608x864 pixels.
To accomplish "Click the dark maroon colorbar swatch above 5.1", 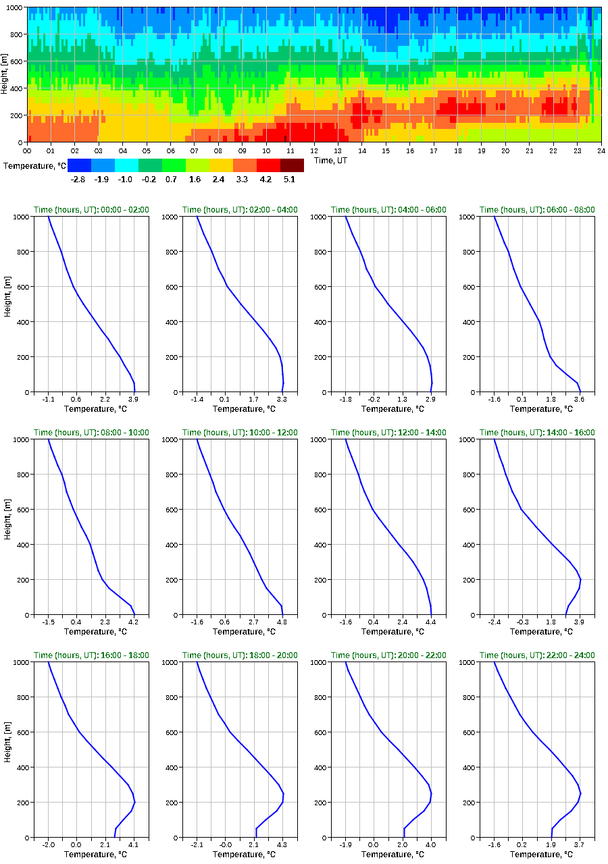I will point(292,165).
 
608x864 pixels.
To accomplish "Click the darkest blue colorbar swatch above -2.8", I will point(79,165).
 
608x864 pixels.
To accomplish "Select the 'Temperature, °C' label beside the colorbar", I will point(34,165).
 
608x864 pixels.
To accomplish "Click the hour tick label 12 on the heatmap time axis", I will point(314,151).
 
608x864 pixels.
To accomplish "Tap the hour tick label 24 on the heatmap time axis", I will point(601,151).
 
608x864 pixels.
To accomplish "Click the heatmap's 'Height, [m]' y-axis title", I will point(5,74).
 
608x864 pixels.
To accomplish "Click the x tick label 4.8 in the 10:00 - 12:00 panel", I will point(282,622).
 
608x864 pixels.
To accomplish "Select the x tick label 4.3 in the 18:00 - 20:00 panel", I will point(282,844).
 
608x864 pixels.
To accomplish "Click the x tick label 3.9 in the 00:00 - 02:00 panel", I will point(134,399).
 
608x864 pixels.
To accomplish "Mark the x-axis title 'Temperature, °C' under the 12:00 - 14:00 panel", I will point(388,632).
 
